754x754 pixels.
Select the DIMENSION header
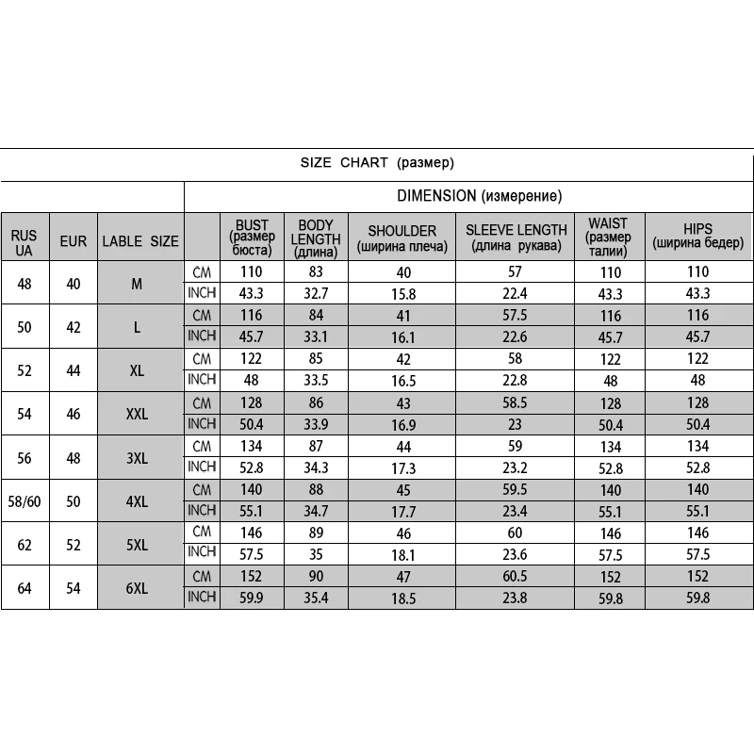pos(479,196)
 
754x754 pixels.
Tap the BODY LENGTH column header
pos(316,238)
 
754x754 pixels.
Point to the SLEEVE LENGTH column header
pos(516,238)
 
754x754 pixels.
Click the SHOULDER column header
pos(402,238)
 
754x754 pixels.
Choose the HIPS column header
pos(698,237)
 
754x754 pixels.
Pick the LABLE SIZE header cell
pos(139,241)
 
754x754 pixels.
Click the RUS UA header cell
pos(25,241)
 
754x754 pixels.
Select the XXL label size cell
pos(138,414)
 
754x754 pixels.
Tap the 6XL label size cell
pos(138,587)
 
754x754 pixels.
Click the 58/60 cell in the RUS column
pos(25,501)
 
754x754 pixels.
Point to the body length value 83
pos(316,272)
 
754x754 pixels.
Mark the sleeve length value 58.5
pos(516,402)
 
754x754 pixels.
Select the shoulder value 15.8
pos(402,294)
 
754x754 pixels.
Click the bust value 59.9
pos(252,598)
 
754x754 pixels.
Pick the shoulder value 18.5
pos(402,598)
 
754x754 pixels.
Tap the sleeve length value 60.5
pos(516,576)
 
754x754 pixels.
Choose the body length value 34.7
pos(316,511)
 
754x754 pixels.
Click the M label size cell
pos(138,283)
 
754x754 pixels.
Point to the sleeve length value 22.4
pos(516,294)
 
